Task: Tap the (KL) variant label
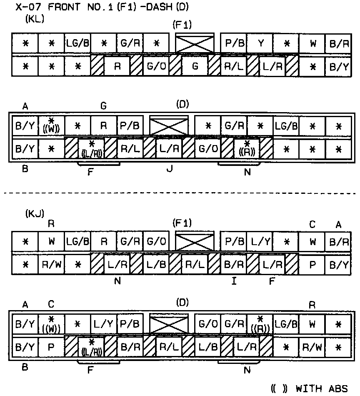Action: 35,20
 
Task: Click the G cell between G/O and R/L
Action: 195,66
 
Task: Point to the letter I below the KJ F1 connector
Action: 234,281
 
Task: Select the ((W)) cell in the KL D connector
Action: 51,125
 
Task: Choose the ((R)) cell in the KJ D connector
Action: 260,323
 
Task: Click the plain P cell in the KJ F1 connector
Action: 312,263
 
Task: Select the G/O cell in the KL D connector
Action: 207,148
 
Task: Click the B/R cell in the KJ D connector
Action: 130,346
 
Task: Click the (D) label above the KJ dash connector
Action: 182,303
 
